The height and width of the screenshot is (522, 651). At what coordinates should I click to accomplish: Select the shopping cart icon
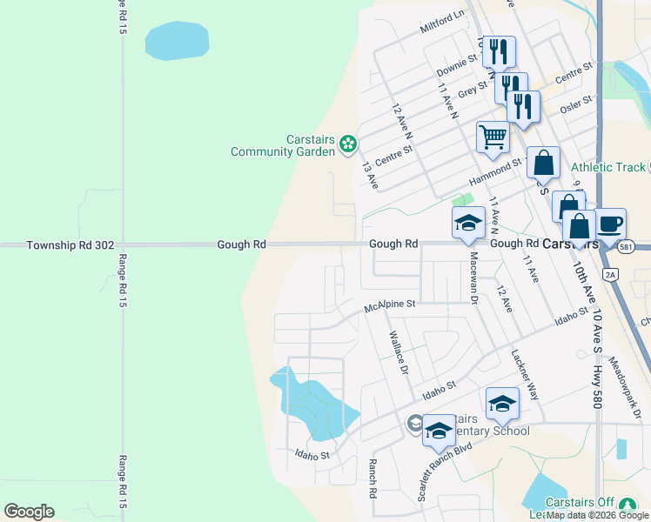[493, 137]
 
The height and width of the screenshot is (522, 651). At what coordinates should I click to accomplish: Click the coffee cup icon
[610, 224]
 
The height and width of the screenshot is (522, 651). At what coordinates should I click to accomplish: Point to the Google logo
[29, 512]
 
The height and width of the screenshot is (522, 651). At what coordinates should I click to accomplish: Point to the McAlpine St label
[391, 305]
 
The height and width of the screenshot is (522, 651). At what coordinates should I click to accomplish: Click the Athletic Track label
[608, 167]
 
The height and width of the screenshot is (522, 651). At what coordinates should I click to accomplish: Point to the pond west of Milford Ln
[177, 40]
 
